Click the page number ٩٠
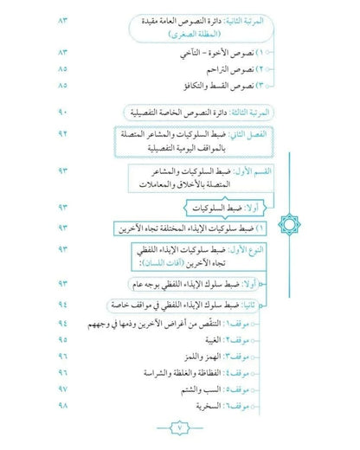click(x=63, y=112)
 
